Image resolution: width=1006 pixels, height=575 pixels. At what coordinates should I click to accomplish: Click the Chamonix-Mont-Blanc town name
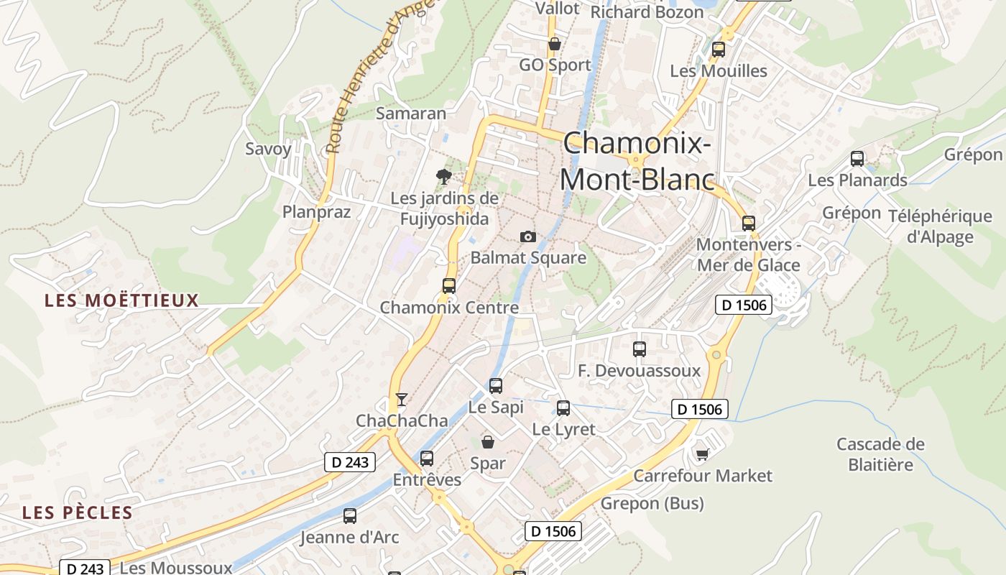637,161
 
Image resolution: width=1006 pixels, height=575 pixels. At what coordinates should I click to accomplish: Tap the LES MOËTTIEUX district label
121,300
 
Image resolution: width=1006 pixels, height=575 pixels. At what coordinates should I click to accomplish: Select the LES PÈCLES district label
78,512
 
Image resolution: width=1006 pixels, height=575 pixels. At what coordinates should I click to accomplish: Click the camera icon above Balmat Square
528,236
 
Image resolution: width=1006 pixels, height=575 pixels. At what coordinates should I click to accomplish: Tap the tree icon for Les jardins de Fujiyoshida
444,176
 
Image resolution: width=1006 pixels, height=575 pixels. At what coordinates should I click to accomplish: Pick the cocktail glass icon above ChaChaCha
402,399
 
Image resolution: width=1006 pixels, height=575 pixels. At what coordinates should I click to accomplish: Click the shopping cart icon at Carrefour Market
702,454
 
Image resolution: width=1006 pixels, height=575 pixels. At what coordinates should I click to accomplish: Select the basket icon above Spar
488,441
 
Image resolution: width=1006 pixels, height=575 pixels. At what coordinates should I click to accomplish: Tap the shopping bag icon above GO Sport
555,44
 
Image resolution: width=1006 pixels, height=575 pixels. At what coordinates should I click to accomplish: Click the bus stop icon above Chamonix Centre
449,285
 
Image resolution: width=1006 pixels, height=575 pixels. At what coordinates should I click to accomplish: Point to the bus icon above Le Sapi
496,385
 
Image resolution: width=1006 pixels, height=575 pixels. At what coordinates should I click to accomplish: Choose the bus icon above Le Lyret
563,408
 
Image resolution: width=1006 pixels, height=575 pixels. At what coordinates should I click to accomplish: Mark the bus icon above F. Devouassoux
640,349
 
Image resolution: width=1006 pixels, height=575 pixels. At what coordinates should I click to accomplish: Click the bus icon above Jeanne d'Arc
350,515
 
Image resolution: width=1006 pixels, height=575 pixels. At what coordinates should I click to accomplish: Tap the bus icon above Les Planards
857,159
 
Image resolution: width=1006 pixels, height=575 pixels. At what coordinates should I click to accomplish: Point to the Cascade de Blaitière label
880,454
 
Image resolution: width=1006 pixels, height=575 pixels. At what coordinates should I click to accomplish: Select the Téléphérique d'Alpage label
940,226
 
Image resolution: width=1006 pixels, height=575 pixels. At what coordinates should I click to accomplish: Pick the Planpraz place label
317,211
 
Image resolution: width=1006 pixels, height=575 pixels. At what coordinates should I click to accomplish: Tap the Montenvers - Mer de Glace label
749,254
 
